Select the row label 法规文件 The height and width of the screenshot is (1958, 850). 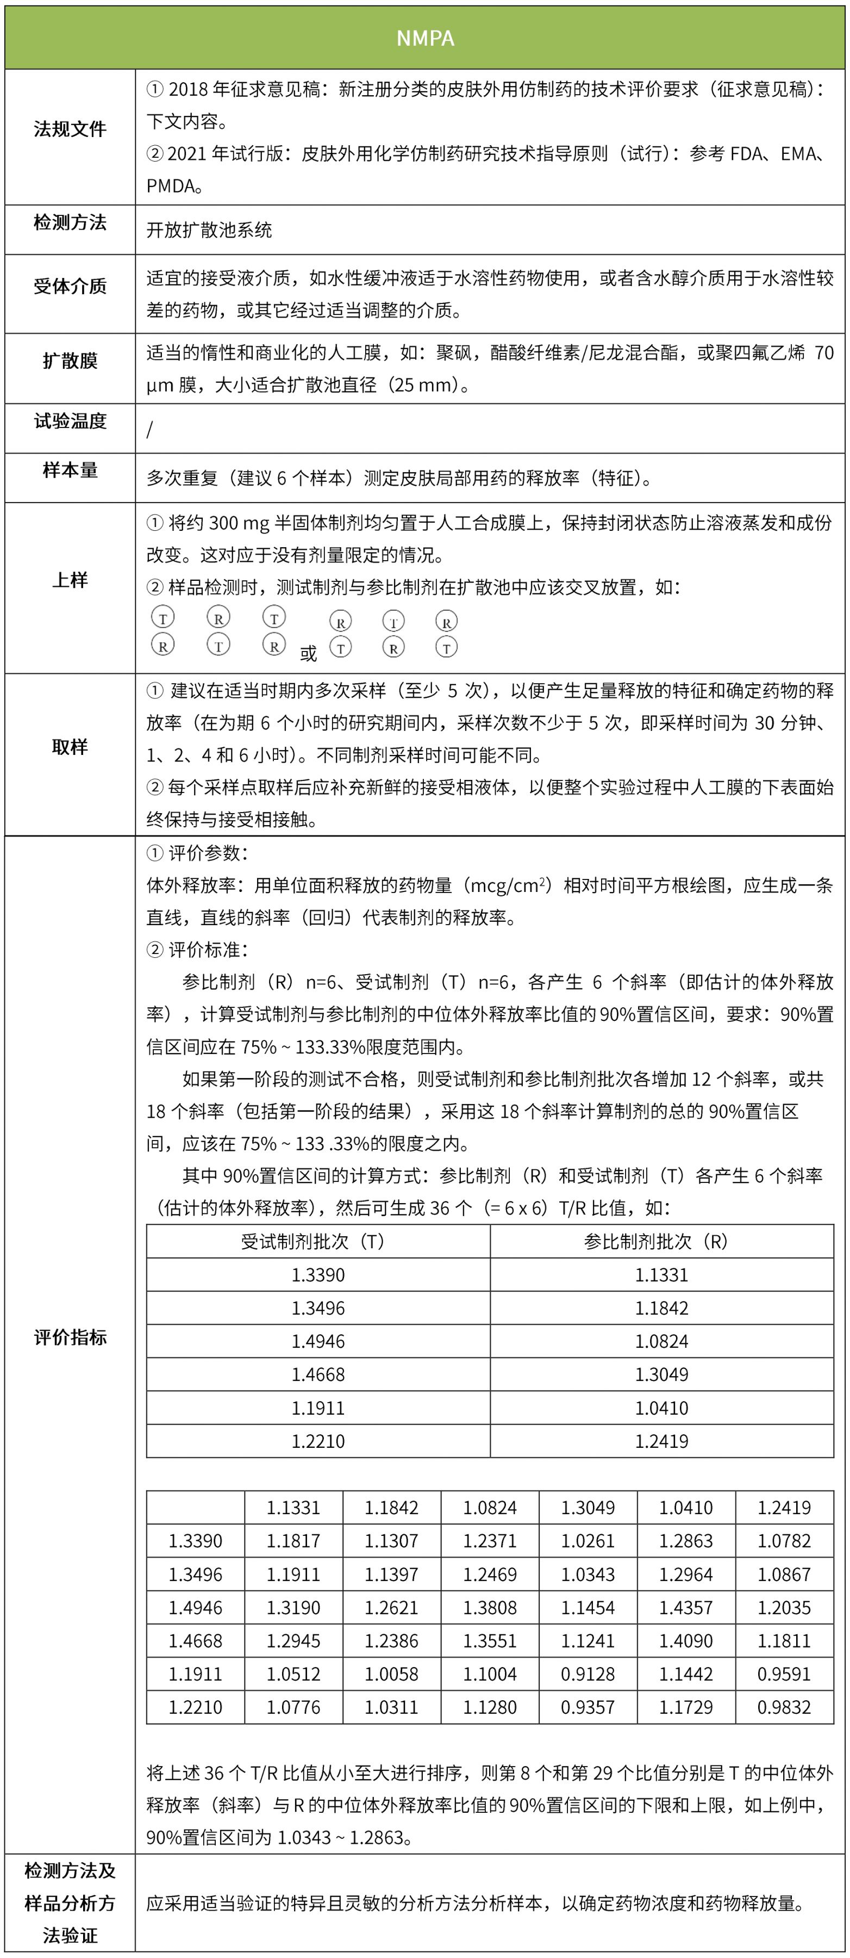70,129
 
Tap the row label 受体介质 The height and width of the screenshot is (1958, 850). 70,287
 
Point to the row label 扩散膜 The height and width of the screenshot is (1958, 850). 70,360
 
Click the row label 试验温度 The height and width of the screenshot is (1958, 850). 70,421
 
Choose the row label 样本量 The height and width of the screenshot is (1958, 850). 70,470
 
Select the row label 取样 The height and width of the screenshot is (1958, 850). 70,747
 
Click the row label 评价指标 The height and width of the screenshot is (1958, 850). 70,1338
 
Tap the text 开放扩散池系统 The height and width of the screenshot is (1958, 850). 209,230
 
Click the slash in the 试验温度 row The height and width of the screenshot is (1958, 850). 149,430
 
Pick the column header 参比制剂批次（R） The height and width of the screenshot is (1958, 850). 661,1242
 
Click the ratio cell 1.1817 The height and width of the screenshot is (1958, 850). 293,1541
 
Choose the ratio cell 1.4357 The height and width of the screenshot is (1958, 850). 686,1608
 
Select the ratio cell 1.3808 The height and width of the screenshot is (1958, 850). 490,1608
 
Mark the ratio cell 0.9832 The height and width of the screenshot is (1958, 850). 784,1707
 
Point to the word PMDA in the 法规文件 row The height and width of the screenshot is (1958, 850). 171,186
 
